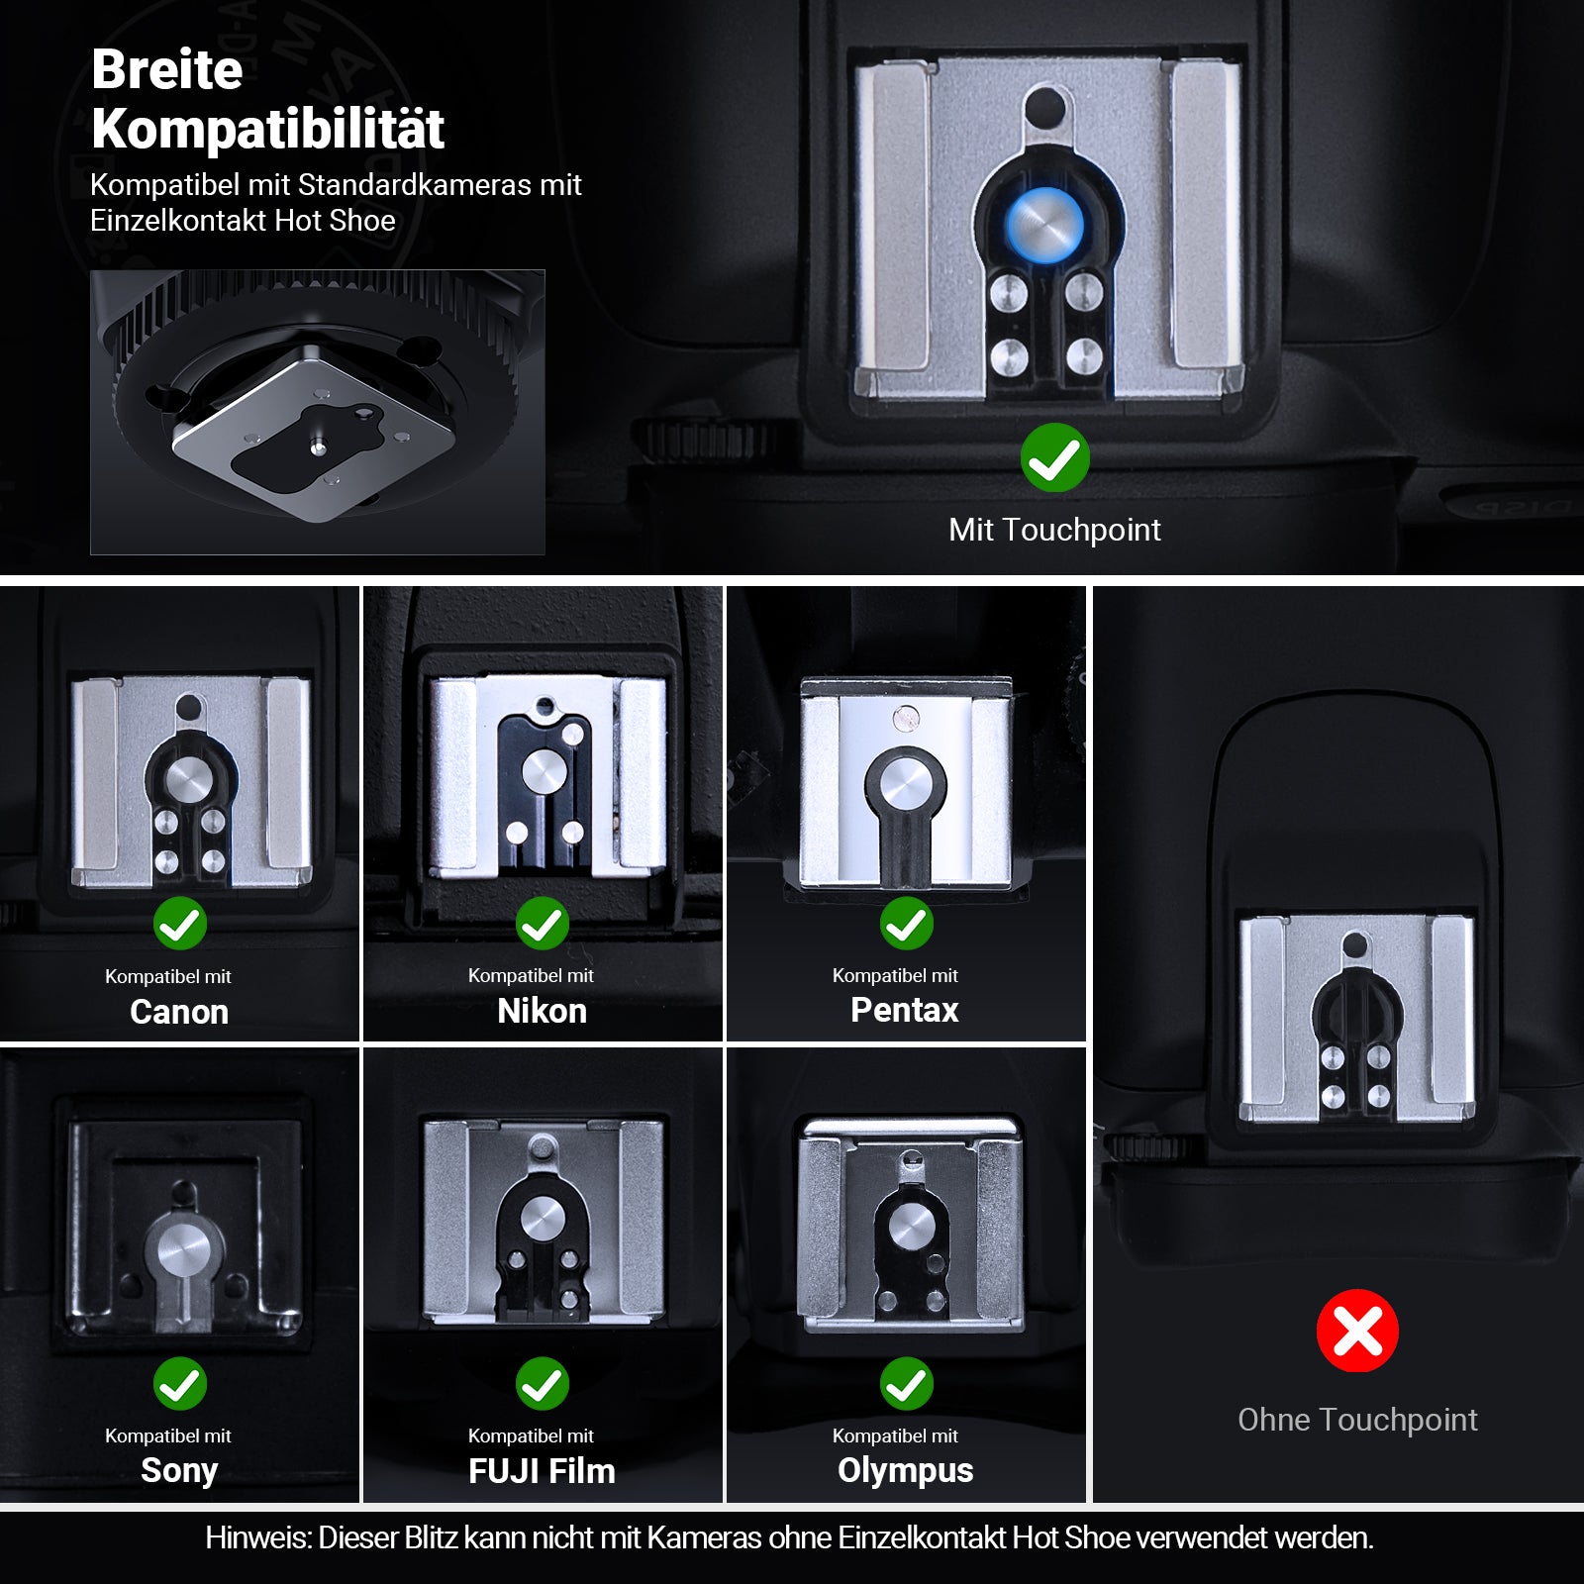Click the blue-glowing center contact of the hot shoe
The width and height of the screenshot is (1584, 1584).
pyautogui.click(x=1044, y=224)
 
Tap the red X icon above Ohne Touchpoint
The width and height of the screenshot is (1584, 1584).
pyautogui.click(x=1357, y=1331)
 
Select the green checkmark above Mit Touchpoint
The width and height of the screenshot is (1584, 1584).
pyautogui.click(x=1055, y=457)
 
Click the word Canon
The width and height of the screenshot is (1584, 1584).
pyautogui.click(x=179, y=1012)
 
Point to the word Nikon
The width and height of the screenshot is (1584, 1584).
pyautogui.click(x=542, y=1011)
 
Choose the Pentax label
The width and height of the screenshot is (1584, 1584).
pyautogui.click(x=905, y=1010)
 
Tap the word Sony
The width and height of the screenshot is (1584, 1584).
pyautogui.click(x=179, y=1471)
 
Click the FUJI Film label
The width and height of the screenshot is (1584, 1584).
pyautogui.click(x=542, y=1471)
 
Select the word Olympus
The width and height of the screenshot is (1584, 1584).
pyautogui.click(x=905, y=1471)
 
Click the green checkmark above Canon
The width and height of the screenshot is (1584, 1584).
pyautogui.click(x=180, y=924)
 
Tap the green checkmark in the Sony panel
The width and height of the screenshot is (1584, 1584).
pyautogui.click(x=180, y=1383)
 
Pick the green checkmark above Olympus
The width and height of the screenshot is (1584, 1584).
pyautogui.click(x=907, y=1383)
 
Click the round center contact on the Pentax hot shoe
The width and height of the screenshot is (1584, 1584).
pyautogui.click(x=906, y=787)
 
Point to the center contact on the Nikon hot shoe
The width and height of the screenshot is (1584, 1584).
pyautogui.click(x=543, y=770)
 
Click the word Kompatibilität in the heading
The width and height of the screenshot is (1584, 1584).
pyautogui.click(x=268, y=129)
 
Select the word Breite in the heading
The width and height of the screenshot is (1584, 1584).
pyautogui.click(x=167, y=69)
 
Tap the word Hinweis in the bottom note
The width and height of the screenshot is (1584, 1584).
pyautogui.click(x=257, y=1537)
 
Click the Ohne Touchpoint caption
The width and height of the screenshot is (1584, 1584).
pyautogui.click(x=1357, y=1420)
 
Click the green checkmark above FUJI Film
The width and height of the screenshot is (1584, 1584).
pyautogui.click(x=543, y=1383)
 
